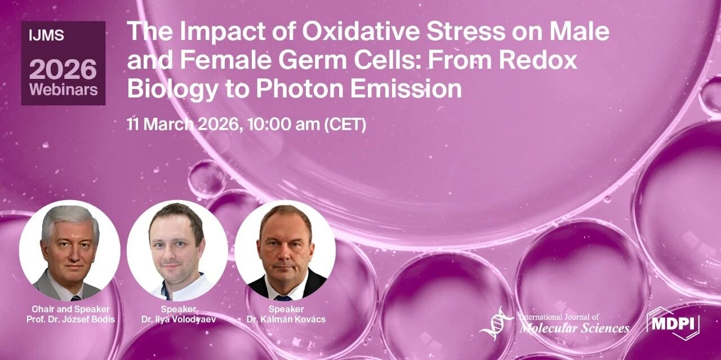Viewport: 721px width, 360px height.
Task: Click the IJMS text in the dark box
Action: [x=46, y=35]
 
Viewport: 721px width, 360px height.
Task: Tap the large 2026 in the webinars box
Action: [x=63, y=69]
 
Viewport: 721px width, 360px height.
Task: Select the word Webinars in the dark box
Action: [x=64, y=89]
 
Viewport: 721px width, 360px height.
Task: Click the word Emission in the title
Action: [x=406, y=88]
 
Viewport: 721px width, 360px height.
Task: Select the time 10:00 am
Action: [x=283, y=125]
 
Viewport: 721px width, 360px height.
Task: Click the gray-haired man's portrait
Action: [x=70, y=251]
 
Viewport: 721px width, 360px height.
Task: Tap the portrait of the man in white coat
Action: [x=177, y=251]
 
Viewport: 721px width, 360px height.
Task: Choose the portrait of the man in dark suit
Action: [x=285, y=251]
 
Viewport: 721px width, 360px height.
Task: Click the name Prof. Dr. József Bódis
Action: [x=70, y=319]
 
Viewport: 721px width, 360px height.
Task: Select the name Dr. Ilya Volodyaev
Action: [x=179, y=319]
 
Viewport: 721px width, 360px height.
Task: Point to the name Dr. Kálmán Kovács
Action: [x=286, y=319]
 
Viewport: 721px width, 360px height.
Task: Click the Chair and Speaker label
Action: [x=70, y=309]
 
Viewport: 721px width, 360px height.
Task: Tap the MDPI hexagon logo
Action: [x=673, y=323]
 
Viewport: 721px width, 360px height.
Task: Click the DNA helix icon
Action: [x=496, y=323]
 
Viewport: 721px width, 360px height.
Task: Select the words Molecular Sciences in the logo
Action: [x=575, y=328]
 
